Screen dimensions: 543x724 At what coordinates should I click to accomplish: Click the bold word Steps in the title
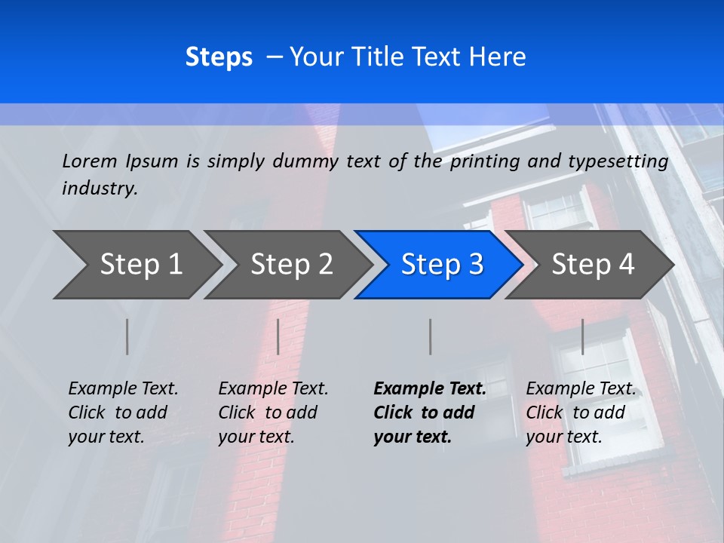pos(219,57)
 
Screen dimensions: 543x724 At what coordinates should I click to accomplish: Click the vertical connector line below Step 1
pos(127,336)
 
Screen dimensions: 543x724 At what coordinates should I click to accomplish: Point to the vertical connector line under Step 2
pos(278,336)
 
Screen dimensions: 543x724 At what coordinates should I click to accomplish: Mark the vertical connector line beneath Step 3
pos(431,336)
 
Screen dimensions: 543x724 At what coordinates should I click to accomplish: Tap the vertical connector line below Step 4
pos(583,336)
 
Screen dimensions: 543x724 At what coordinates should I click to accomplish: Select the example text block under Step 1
pos(123,412)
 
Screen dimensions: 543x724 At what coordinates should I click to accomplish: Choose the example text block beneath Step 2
pos(273,412)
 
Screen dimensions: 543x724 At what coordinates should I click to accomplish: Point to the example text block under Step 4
pos(581,412)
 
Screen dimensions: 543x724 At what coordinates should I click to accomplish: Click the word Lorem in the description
pos(89,161)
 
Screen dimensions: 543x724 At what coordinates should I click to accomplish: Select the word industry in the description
pos(99,189)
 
